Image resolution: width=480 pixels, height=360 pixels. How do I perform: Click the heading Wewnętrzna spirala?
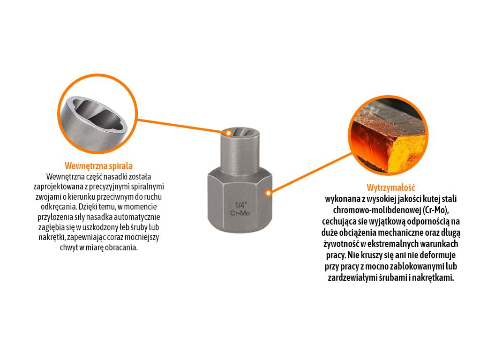(x=98, y=166)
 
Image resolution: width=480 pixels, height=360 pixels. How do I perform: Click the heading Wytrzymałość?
(x=391, y=187)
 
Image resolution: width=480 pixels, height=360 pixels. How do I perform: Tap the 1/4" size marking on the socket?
(x=240, y=205)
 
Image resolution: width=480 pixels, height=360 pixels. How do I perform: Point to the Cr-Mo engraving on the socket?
(x=240, y=213)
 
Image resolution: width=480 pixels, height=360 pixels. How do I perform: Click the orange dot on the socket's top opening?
(x=228, y=133)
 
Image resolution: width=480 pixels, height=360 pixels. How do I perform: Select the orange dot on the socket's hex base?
(x=268, y=193)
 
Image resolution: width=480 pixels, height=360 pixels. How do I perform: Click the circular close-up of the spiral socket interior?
(x=97, y=113)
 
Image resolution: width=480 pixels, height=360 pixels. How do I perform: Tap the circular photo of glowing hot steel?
(x=388, y=135)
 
